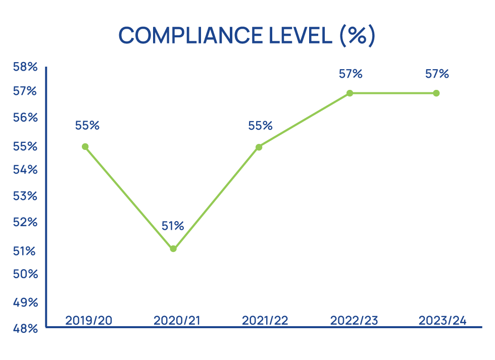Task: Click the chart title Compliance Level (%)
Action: pyautogui.click(x=247, y=35)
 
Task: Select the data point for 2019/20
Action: pyautogui.click(x=85, y=146)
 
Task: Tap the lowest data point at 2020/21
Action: pyautogui.click(x=173, y=248)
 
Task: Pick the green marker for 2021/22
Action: pyautogui.click(x=259, y=147)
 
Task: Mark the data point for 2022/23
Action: pyautogui.click(x=350, y=93)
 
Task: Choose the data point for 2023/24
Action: pyautogui.click(x=436, y=93)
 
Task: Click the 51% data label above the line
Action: pyautogui.click(x=173, y=226)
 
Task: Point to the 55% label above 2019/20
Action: pyautogui.click(x=87, y=125)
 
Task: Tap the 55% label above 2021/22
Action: pyautogui.click(x=260, y=125)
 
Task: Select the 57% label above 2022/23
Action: pyautogui.click(x=351, y=74)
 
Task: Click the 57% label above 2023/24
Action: pyautogui.click(x=437, y=74)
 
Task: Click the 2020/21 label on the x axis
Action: pyautogui.click(x=176, y=320)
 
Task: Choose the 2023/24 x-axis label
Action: pyautogui.click(x=442, y=320)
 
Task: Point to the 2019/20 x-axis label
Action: pyautogui.click(x=89, y=320)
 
